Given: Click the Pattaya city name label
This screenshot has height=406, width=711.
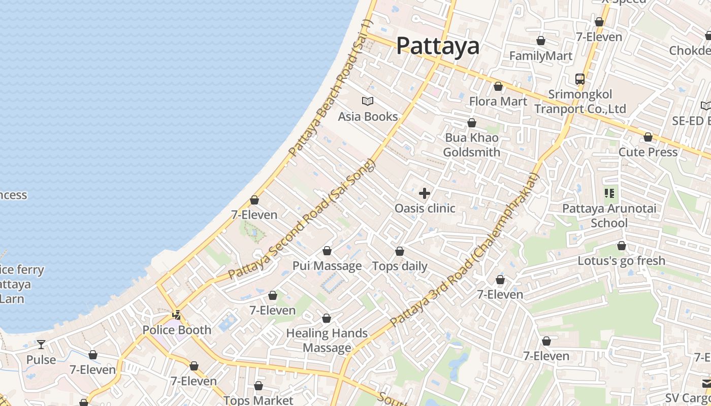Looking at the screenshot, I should coord(437,46).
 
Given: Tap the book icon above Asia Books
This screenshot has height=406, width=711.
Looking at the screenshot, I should coord(368,101).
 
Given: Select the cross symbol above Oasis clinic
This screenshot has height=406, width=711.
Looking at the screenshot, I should coord(425,193).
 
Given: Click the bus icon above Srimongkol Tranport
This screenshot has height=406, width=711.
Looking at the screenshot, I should coord(580,79).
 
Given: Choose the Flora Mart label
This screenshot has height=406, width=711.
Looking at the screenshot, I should coord(498,101).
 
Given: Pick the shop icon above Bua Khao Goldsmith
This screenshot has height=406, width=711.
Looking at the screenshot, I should coord(472,123).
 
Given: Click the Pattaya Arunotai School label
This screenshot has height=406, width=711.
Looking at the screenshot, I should coord(609,216).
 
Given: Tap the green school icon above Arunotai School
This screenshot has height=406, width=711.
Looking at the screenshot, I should coord(609,193).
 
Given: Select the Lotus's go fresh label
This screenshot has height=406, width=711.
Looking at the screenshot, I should coord(621,261).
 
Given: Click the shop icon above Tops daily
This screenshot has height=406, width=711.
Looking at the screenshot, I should coord(400,252).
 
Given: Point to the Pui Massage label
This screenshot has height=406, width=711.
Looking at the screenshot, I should coord(327,266).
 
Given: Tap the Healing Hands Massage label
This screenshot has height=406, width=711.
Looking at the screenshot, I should coord(327,340).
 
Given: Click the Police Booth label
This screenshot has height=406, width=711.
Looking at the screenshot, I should coord(177,330).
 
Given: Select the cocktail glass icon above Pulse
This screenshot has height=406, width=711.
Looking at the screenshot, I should coord(41,345).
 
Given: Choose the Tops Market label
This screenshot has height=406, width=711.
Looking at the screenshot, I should coord(258,400).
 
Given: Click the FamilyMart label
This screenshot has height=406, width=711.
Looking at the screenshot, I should coord(541,56).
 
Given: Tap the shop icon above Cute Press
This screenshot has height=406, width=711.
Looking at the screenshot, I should coord(648,138).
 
